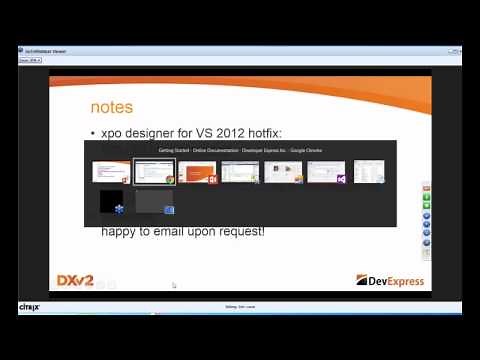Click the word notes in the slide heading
(111, 107)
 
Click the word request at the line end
(240, 232)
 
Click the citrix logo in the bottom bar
(28, 307)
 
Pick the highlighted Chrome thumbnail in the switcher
(154, 172)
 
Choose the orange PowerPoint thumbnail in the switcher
(197, 172)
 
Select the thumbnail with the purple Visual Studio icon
(326, 172)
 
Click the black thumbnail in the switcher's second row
(111, 202)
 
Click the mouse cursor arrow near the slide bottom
(174, 286)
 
